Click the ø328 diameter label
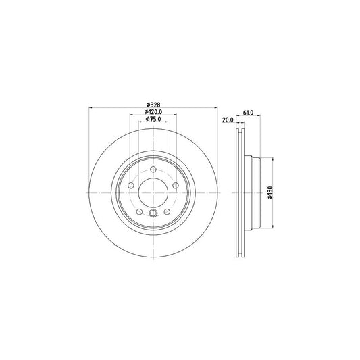pyautogui.click(x=153, y=105)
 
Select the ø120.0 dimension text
pyautogui.click(x=153, y=112)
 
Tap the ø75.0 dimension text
pyautogui.click(x=153, y=119)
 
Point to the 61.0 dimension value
pyautogui.click(x=248, y=113)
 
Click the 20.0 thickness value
pyautogui.click(x=228, y=120)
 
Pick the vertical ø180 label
pyautogui.click(x=270, y=193)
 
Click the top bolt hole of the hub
pyautogui.click(x=153, y=170)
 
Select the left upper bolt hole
pyautogui.click(x=131, y=185)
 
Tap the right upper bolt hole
pyautogui.click(x=176, y=185)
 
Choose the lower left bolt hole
pyautogui.click(x=139, y=211)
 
